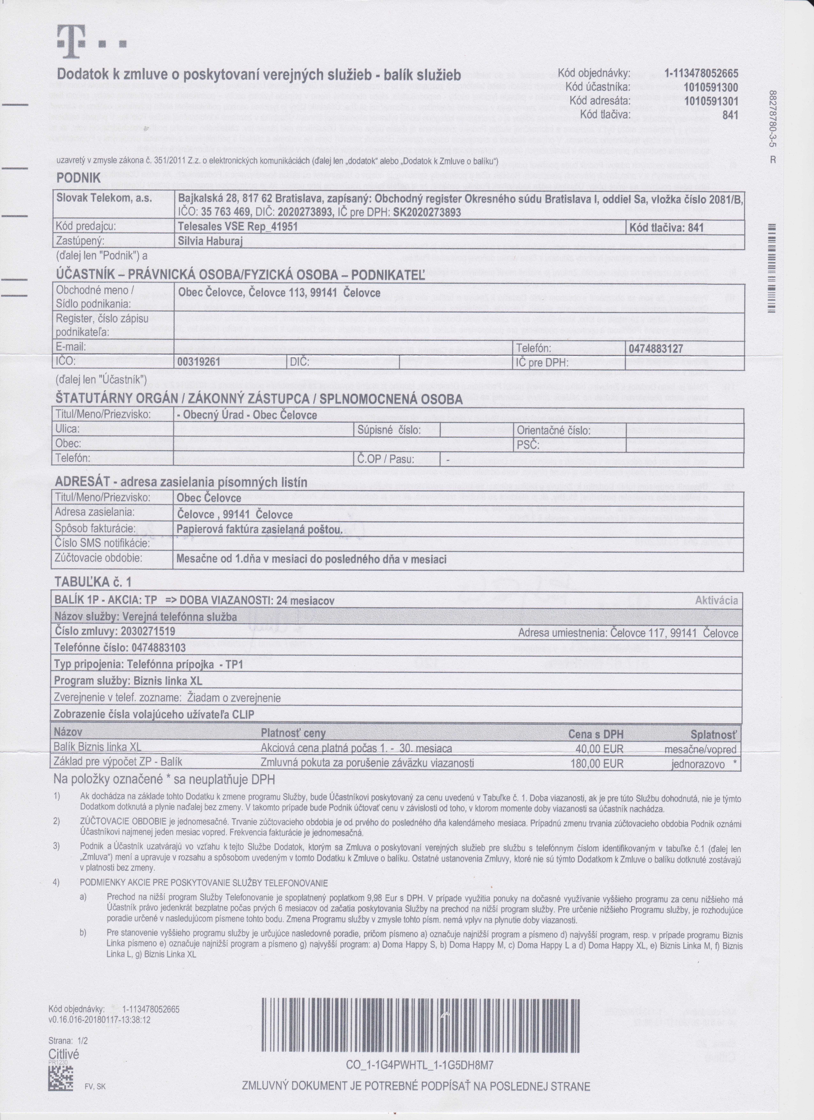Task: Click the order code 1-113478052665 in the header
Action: pyautogui.click(x=701, y=74)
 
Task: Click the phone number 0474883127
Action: pyautogui.click(x=656, y=349)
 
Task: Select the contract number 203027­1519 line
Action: pyautogui.click(x=115, y=631)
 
